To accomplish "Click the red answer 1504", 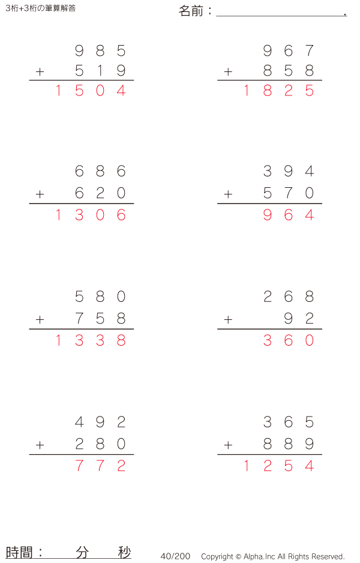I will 90,91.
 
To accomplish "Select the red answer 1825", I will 278,91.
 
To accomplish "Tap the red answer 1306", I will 90,215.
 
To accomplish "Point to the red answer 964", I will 289,215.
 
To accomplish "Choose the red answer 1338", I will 90,341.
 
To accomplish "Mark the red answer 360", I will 289,341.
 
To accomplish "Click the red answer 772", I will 100,466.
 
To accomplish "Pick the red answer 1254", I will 278,466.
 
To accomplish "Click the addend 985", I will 100,51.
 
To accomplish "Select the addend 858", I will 289,71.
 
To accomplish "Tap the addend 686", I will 100,172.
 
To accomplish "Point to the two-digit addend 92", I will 299,319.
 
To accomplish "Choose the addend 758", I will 100,319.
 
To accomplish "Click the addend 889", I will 289,444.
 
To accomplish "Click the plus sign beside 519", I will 40,72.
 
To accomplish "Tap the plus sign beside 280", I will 40,445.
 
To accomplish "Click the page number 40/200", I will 175,556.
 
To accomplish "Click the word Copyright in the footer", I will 217,556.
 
